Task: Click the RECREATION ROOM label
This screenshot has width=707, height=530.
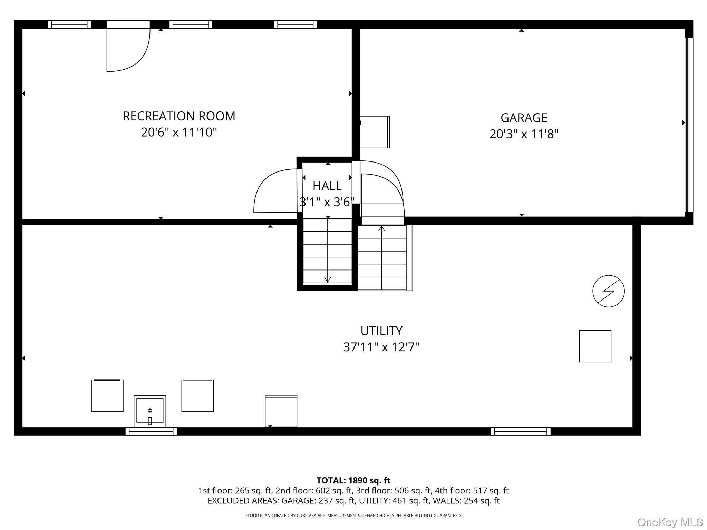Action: tap(179, 116)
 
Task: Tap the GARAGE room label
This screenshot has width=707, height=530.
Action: tap(524, 118)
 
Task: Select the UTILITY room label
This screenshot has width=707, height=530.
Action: tap(381, 331)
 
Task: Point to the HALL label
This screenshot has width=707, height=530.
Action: tap(327, 186)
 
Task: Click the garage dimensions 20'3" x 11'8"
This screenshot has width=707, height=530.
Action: tap(524, 134)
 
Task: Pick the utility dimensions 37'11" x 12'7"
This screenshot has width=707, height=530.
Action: tap(381, 347)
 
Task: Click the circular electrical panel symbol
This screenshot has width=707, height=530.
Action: tap(608, 291)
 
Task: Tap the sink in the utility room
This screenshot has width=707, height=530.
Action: tap(150, 411)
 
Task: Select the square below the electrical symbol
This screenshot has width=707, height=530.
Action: tap(595, 346)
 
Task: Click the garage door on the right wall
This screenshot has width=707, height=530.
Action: tap(688, 125)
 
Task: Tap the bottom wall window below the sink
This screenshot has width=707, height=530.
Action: tap(151, 431)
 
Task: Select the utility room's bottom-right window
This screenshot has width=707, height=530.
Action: tap(520, 431)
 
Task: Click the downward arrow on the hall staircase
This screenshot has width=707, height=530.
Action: tap(328, 279)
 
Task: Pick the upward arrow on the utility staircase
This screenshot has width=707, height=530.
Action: tap(381, 228)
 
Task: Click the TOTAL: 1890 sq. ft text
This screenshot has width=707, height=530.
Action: tap(353, 480)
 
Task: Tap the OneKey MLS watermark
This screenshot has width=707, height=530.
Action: tap(670, 522)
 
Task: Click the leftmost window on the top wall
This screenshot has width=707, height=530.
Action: tap(69, 24)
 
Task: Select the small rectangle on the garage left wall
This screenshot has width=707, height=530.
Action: tap(375, 132)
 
